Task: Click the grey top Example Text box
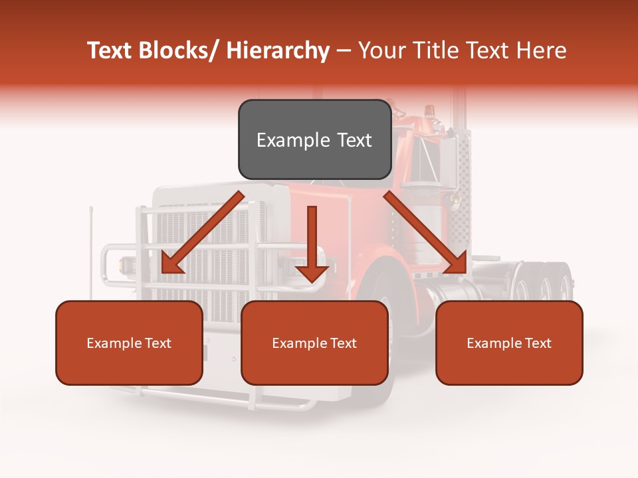(x=314, y=139)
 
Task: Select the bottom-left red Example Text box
(x=129, y=343)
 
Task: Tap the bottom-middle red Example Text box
(x=314, y=343)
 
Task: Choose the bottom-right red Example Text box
(x=509, y=343)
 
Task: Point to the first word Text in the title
(x=110, y=50)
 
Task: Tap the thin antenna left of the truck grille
(x=91, y=252)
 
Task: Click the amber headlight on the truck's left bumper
(x=124, y=266)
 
